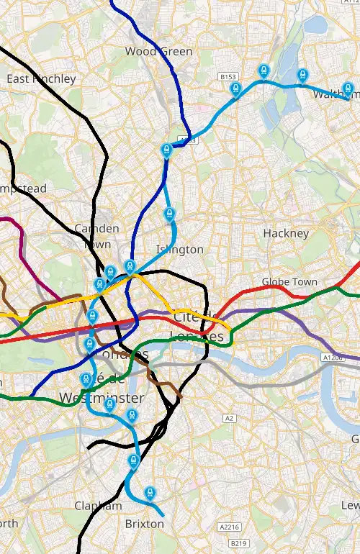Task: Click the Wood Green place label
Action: (x=158, y=51)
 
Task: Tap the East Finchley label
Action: (x=41, y=78)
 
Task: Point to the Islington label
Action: (x=179, y=250)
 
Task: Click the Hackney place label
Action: (x=286, y=233)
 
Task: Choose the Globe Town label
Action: (x=289, y=281)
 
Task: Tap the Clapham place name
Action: (x=98, y=506)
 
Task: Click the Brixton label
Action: (x=144, y=524)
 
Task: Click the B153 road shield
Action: (x=228, y=76)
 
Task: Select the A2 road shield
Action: (x=230, y=418)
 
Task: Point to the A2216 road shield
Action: (x=229, y=527)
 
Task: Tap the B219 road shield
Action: (x=239, y=543)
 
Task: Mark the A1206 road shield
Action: (x=333, y=357)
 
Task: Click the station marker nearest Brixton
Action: (x=150, y=493)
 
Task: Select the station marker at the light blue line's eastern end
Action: (x=348, y=90)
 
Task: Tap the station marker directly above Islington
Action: (x=169, y=214)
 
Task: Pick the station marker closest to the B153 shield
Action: (x=235, y=88)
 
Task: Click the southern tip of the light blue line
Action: (x=163, y=516)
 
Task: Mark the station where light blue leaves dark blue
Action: (x=166, y=150)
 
